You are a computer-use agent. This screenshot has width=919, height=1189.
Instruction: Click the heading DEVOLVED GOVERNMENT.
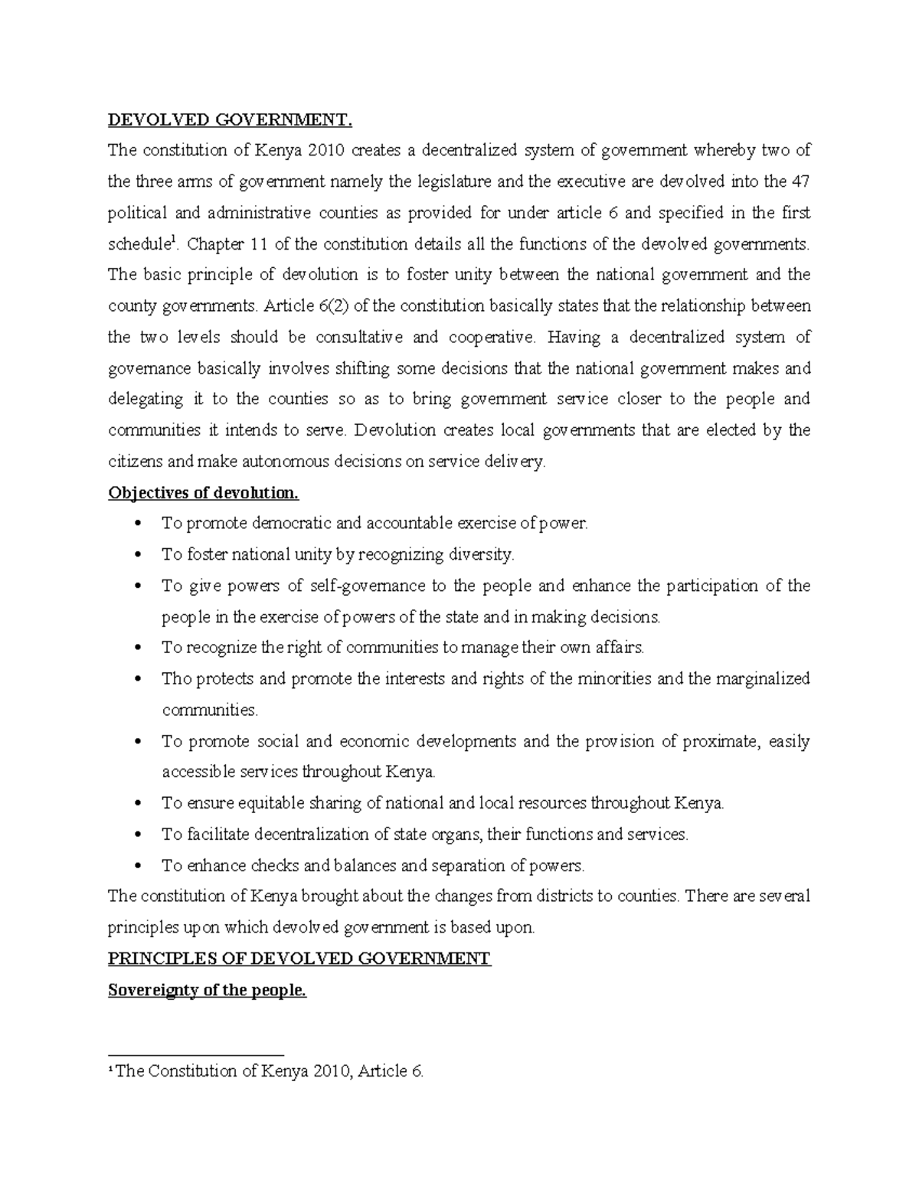tap(231, 119)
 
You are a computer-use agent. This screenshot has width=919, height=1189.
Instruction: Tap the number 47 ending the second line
tap(800, 181)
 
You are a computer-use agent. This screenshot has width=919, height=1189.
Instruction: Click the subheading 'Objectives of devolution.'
tap(203, 492)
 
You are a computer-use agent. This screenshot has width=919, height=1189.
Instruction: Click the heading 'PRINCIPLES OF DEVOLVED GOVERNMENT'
tap(299, 959)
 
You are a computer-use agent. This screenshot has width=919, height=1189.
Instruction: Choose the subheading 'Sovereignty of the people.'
tap(207, 990)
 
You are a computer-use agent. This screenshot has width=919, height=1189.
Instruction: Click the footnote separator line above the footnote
tap(196, 1053)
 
